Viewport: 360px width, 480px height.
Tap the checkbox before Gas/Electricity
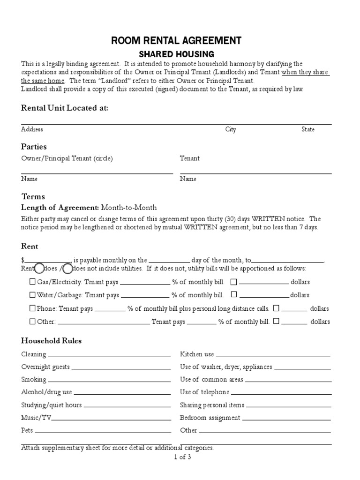tap(32, 282)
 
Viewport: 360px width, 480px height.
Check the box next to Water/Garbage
tap(32, 295)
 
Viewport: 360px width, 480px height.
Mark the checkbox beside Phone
tap(32, 308)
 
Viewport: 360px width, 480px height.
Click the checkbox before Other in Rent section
tap(32, 322)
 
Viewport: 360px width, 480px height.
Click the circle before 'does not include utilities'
tap(67, 269)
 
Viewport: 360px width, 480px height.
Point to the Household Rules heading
tap(51, 341)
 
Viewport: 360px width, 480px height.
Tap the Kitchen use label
tap(197, 354)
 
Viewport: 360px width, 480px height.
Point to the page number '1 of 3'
tap(182, 457)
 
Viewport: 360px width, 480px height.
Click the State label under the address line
tap(308, 129)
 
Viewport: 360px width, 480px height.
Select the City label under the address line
tap(231, 129)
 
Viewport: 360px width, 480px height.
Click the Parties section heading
tap(34, 147)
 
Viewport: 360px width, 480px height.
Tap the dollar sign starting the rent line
tap(22, 260)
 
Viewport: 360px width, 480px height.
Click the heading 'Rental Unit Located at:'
tap(65, 108)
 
